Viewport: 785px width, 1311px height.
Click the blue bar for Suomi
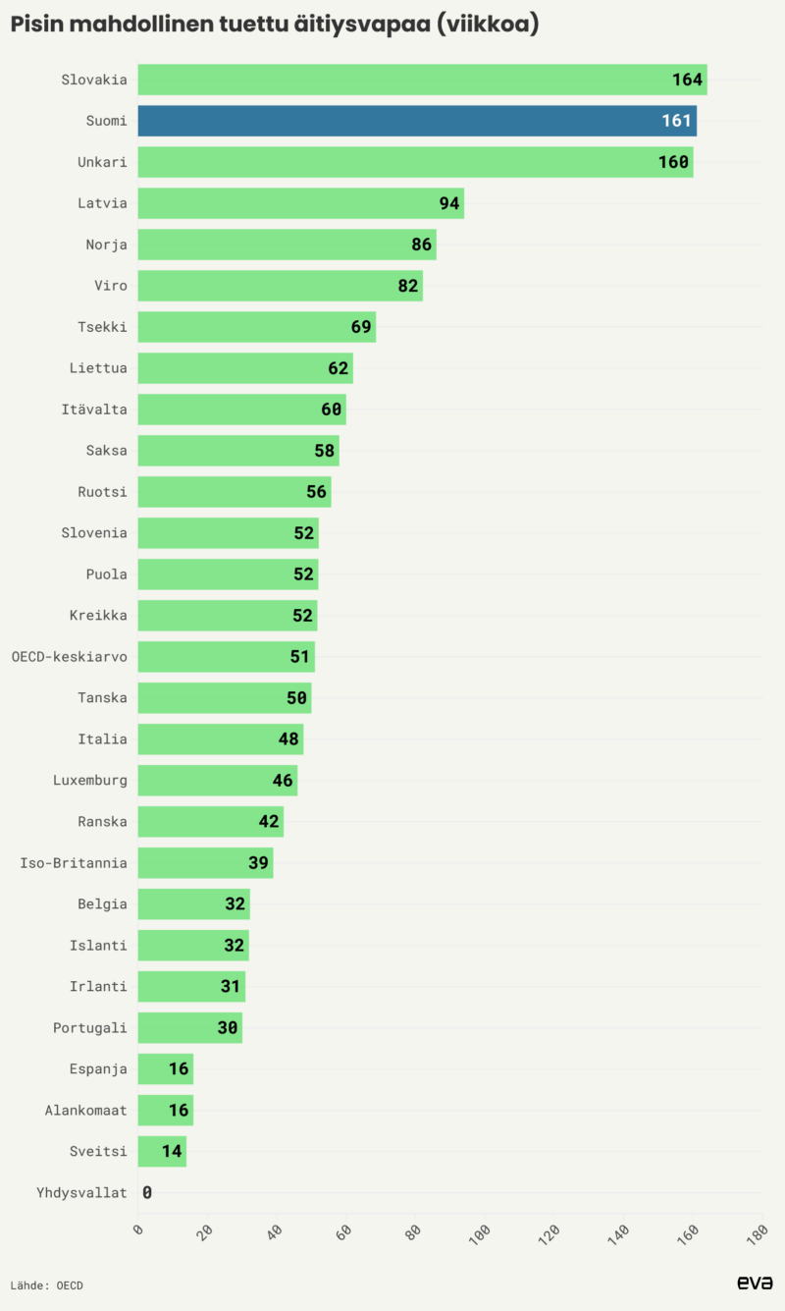point(416,121)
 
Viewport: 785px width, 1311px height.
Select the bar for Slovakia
point(422,80)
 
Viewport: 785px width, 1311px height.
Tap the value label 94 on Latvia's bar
point(449,203)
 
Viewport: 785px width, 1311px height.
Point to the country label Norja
point(106,245)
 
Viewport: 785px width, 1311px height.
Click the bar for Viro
point(280,286)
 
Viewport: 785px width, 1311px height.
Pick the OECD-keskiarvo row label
point(69,657)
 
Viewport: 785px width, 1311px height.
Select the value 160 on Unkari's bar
point(673,162)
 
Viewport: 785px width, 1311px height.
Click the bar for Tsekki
point(255,327)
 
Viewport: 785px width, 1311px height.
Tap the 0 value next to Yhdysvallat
point(147,1193)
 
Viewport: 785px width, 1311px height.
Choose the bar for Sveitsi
point(162,1151)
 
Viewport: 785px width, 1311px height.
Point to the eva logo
point(755,1283)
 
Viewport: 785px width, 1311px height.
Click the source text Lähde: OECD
point(47,1284)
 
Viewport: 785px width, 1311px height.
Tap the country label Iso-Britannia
point(74,863)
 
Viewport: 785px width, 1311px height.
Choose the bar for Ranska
point(210,822)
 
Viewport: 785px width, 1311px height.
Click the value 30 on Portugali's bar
point(228,1028)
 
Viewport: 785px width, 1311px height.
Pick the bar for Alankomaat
point(165,1111)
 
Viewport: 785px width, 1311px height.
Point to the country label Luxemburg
point(90,781)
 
